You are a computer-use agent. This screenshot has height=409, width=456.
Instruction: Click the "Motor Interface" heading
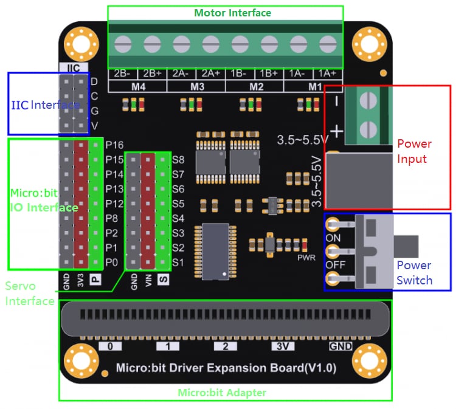[x=232, y=13]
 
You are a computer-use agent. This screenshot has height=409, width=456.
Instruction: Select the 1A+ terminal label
[x=326, y=74]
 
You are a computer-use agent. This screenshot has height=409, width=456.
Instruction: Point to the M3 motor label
[x=196, y=86]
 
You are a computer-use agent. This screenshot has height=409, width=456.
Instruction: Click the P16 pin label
[x=114, y=145]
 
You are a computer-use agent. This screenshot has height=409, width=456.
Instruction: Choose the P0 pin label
[x=112, y=262]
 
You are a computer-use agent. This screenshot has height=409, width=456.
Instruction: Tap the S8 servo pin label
[x=178, y=160]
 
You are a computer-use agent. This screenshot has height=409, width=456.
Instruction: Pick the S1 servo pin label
[x=178, y=263]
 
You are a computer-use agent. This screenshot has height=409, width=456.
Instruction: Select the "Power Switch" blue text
[x=414, y=273]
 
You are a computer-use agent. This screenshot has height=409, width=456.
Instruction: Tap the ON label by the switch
[x=333, y=238]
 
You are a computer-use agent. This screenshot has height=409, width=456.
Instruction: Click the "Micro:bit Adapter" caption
[x=222, y=393]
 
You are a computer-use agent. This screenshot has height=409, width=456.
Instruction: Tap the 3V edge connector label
[x=281, y=346]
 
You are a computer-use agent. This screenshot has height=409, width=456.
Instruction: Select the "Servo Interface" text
[x=29, y=293]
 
